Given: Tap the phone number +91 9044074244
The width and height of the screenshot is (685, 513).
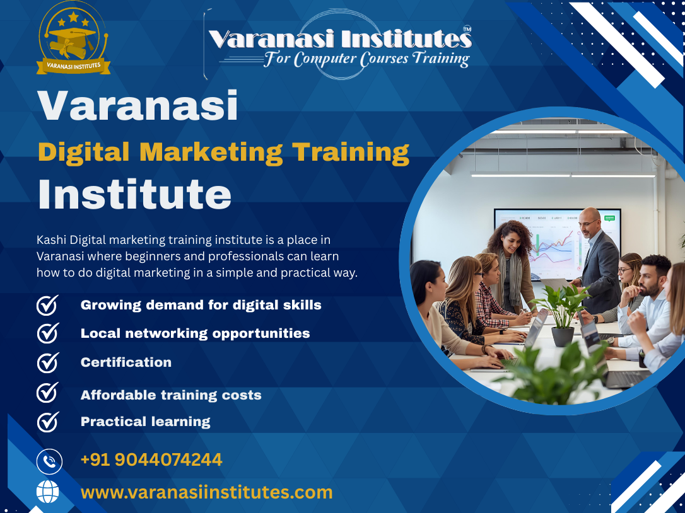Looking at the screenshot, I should tap(151, 459).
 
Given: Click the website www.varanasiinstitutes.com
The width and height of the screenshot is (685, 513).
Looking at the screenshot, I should tap(207, 492).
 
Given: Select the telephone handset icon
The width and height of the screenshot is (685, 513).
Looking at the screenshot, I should tap(49, 461).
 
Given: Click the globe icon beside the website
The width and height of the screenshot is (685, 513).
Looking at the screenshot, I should tap(48, 492).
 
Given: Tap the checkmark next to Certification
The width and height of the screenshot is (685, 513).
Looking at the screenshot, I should tap(48, 362).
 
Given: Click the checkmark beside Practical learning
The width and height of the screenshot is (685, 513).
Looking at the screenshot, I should tap(48, 422).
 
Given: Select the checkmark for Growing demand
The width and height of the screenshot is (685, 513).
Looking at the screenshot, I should tap(48, 305).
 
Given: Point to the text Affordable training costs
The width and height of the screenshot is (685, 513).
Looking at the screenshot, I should tap(171, 395).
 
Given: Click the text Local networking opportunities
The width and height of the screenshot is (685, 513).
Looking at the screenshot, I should tap(195, 333).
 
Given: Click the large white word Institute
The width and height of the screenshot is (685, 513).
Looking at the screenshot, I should tap(134, 194).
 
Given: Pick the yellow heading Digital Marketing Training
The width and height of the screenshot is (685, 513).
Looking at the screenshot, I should tap(223, 153).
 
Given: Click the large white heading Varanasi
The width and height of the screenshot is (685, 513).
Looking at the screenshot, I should tap(138, 106).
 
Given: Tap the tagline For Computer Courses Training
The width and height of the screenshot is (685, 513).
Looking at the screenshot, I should tap(366, 59).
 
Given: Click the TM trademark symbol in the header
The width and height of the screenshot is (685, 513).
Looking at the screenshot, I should tap(467, 29).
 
